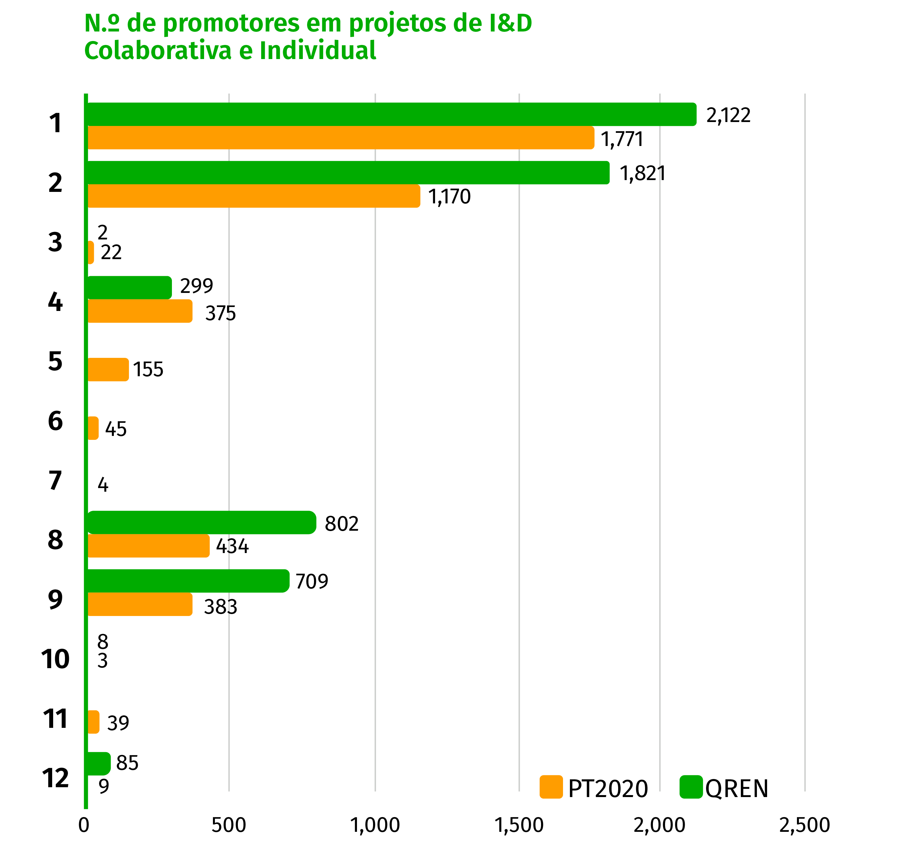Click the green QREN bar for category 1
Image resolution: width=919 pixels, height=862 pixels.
pos(391,114)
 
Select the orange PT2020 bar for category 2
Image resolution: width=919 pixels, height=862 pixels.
pos(253,196)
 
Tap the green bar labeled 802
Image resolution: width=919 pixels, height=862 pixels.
pos(201,522)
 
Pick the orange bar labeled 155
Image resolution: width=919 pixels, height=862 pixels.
pos(108,369)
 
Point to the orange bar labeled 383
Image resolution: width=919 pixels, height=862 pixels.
pos(140,604)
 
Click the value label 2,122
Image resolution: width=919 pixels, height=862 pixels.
pos(728,115)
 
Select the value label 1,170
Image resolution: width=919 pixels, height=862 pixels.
pos(449,197)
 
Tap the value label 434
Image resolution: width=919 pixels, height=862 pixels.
pos(232,546)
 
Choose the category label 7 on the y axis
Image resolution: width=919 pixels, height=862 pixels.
pos(55,481)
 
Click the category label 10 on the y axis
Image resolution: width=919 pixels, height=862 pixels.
pos(55,659)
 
